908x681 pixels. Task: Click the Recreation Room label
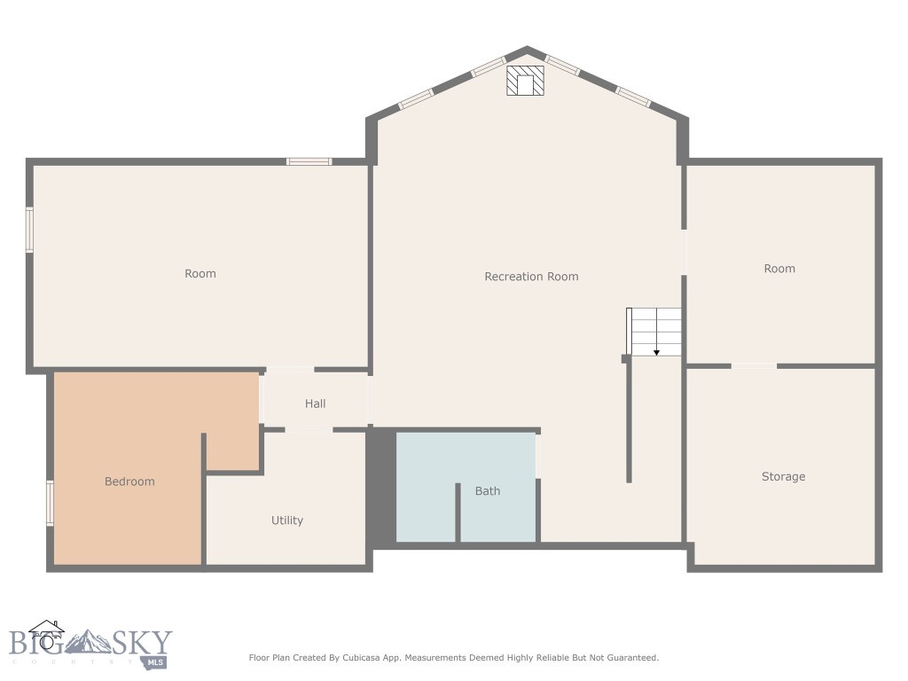coord(531,277)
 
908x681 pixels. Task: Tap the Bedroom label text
coord(129,481)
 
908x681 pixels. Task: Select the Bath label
coord(488,490)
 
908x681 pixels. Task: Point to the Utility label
coord(287,521)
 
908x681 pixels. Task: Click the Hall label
coord(316,403)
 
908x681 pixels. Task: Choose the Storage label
coord(783,477)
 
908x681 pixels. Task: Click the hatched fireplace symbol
coord(525,81)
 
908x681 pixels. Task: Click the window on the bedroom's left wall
coord(50,503)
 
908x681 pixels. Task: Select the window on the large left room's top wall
coord(309,161)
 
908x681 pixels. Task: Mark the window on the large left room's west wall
coord(29,230)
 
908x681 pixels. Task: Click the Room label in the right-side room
coord(779,269)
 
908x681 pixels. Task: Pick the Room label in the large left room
coord(200,274)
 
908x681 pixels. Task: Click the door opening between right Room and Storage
coord(754,365)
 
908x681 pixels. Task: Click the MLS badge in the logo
coord(156,661)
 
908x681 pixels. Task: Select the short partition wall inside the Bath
coord(458,513)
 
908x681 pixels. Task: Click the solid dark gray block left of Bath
coord(381,488)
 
